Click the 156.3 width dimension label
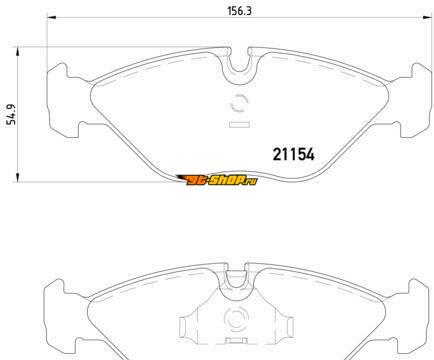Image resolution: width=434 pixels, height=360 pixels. tap(239, 11)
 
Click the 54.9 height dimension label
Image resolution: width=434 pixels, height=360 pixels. tap(12, 114)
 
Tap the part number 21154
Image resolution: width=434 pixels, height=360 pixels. tap(293, 154)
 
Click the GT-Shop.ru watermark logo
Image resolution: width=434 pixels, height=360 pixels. tap(217, 180)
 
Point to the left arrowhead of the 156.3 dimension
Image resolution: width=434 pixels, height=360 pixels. tap(52, 17)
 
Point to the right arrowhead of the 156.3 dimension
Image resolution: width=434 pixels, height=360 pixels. tap(427, 17)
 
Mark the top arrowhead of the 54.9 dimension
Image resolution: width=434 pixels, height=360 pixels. tap(18, 52)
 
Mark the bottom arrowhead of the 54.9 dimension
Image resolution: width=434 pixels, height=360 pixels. tap(18, 178)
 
